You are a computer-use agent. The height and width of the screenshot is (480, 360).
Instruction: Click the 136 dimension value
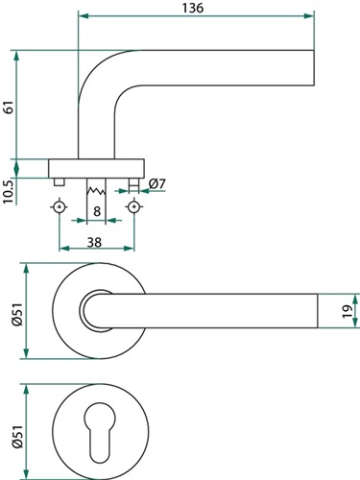[193, 8]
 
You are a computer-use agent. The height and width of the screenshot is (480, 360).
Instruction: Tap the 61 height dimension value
[9, 107]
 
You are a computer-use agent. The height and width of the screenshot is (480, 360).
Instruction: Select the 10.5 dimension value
[8, 192]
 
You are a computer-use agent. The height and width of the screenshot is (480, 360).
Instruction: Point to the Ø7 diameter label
[157, 184]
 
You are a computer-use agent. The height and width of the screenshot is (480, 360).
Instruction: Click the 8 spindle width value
[97, 211]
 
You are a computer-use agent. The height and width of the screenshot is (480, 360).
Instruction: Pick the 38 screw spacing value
[95, 243]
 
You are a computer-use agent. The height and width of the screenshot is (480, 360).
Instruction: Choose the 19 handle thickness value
[347, 311]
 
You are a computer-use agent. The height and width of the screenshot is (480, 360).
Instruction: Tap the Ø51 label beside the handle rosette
[17, 314]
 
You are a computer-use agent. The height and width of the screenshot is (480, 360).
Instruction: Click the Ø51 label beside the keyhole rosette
[17, 437]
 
